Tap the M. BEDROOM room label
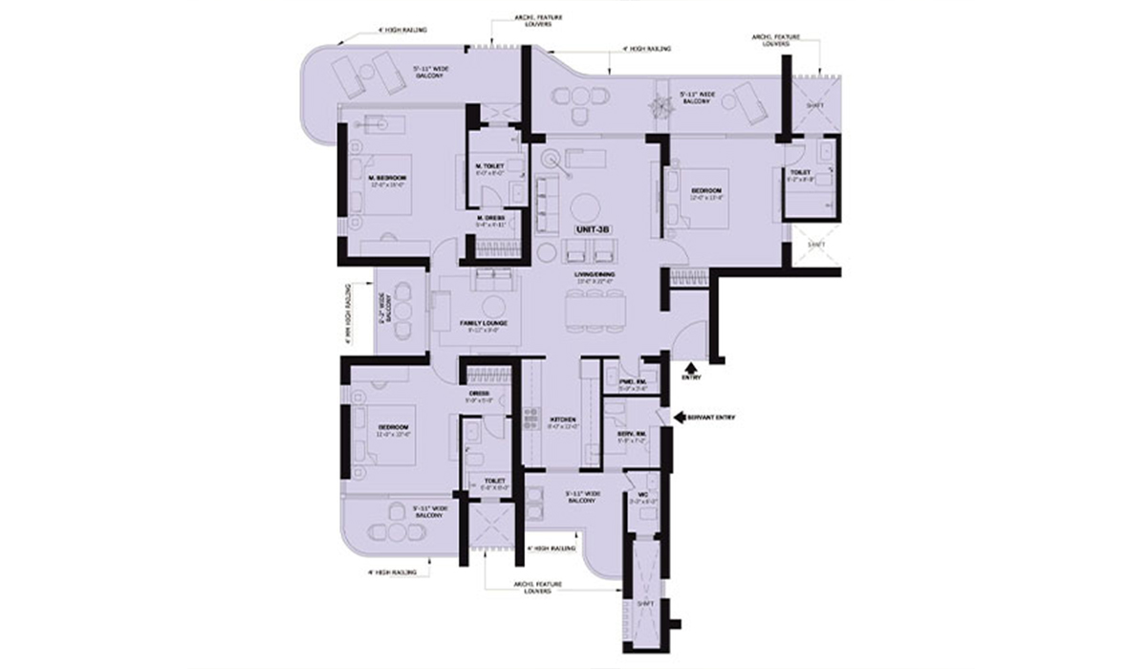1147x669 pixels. tap(388, 179)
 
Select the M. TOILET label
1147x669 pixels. tap(489, 165)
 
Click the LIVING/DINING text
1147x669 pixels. tap(595, 276)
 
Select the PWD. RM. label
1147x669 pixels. tap(633, 384)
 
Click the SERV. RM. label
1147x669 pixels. tap(633, 435)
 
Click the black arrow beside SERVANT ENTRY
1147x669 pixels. tap(680, 418)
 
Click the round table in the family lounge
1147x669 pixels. tap(494, 306)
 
